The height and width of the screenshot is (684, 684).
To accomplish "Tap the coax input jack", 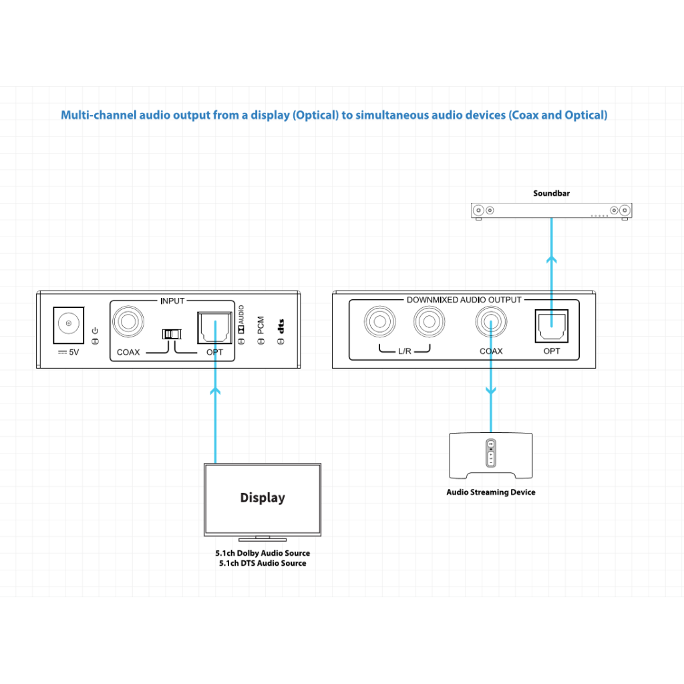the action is pyautogui.click(x=128, y=321).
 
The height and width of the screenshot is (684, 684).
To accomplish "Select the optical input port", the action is pyautogui.click(x=214, y=327).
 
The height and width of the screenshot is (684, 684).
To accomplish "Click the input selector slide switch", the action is pyautogui.click(x=172, y=334).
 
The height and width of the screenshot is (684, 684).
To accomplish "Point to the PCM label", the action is pyautogui.click(x=261, y=325).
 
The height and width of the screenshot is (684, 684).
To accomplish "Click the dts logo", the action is pyautogui.click(x=281, y=326).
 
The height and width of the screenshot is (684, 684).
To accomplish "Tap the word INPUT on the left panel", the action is pyautogui.click(x=173, y=301).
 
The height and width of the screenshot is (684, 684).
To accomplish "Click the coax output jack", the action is pyautogui.click(x=491, y=322).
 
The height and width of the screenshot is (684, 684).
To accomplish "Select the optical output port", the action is pyautogui.click(x=551, y=326).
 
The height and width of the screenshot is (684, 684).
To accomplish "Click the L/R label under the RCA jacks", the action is pyautogui.click(x=404, y=351).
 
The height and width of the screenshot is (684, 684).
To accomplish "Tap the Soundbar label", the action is pyautogui.click(x=551, y=193).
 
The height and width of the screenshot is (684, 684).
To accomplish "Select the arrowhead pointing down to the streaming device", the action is pyautogui.click(x=491, y=391).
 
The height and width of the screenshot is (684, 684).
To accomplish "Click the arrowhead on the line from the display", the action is pyautogui.click(x=215, y=391).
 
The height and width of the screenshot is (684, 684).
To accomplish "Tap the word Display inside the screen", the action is pyautogui.click(x=263, y=498).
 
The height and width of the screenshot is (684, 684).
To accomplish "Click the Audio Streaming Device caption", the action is pyautogui.click(x=491, y=492).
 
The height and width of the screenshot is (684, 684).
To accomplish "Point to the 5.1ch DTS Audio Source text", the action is pyautogui.click(x=263, y=563).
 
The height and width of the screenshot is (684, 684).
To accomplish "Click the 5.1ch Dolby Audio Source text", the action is pyautogui.click(x=263, y=553).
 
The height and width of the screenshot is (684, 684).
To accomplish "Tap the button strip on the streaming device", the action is pyautogui.click(x=491, y=453).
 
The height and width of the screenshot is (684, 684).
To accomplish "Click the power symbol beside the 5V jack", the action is pyautogui.click(x=95, y=331).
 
